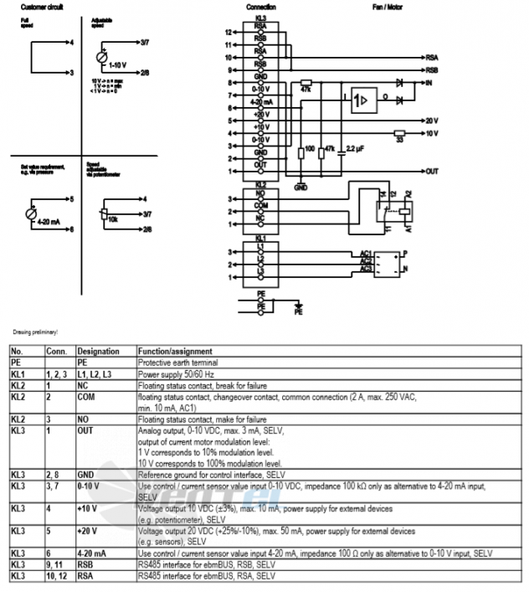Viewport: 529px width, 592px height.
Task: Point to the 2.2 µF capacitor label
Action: pos(355,148)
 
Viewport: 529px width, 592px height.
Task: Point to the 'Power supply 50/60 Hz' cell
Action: pos(172,373)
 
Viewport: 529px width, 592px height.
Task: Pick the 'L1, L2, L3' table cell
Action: pos(93,373)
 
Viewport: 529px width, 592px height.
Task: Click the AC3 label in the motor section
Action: pos(365,269)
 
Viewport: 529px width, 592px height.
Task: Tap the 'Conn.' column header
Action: pos(56,351)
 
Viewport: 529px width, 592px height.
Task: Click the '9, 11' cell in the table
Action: pos(55,564)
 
